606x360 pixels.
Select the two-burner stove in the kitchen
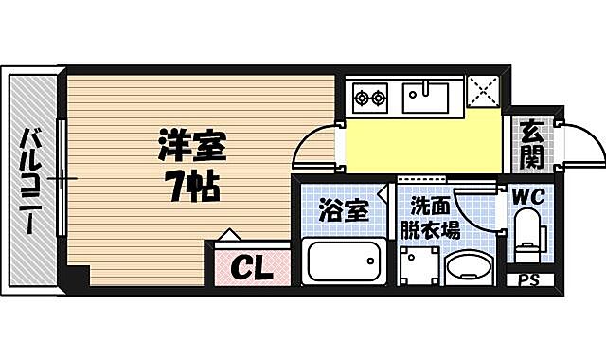pos(370,97)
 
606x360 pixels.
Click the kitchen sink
pos(429,97)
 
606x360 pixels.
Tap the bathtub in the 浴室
pos(342,261)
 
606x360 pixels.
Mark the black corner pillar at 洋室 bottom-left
pos(78,277)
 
